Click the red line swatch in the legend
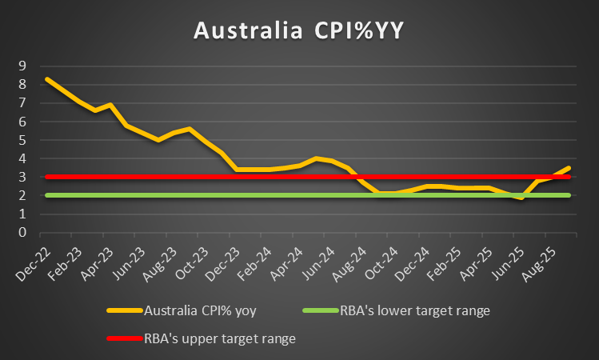[123, 339]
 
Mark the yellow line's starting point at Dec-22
[47, 78]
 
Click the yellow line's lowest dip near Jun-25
[521, 198]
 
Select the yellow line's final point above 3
[569, 168]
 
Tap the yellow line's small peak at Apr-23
[110, 105]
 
